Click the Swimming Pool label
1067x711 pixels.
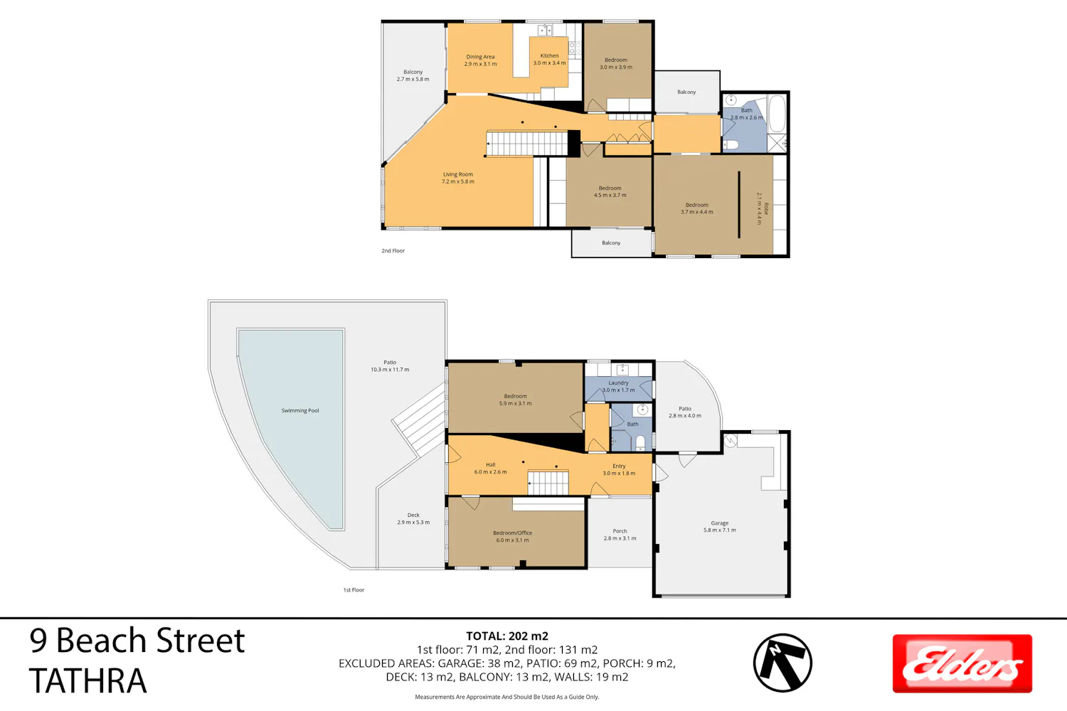click(300, 410)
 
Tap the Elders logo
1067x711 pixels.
click(962, 663)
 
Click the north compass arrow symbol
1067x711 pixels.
click(782, 663)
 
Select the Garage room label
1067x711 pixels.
click(720, 526)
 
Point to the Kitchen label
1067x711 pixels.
click(549, 59)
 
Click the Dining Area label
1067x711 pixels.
click(480, 60)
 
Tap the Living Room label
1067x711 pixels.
click(458, 178)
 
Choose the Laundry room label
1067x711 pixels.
click(618, 386)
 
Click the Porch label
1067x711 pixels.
click(620, 535)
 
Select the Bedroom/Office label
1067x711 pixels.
click(513, 536)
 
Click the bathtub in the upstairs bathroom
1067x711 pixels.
click(777, 113)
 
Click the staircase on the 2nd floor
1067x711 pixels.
click(527, 144)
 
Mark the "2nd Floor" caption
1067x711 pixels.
click(393, 250)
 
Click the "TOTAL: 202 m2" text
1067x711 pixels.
click(506, 636)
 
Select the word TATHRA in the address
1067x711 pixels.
click(88, 681)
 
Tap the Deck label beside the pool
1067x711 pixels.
click(413, 518)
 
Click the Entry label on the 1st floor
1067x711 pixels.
click(619, 469)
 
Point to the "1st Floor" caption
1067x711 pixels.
click(354, 589)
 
